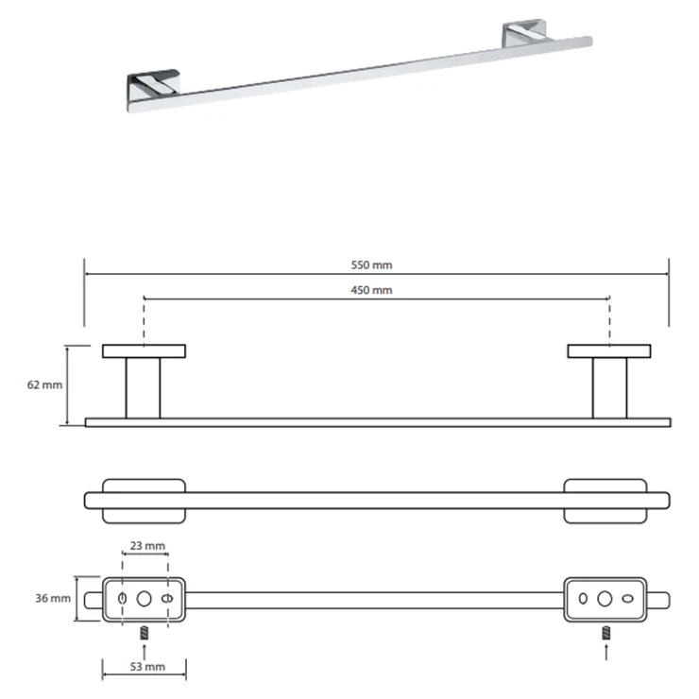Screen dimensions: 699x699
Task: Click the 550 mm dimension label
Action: coord(371,264)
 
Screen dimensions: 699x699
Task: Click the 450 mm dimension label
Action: coord(371,290)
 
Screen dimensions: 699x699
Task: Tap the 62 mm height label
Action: coord(44,384)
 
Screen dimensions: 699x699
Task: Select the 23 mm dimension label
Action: coord(147,546)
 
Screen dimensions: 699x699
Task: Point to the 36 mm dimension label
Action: coord(53,598)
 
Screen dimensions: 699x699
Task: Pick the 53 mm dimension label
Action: coord(147,667)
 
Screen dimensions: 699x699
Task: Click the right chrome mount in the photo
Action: coord(524,33)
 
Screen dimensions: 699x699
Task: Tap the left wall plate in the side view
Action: coord(144,351)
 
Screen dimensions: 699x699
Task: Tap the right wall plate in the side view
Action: coord(609,351)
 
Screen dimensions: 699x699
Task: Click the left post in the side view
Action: coord(143,388)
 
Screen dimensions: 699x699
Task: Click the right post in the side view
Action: coord(610,388)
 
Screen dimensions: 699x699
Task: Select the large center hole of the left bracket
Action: coord(144,599)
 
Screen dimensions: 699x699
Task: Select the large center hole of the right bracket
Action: coord(605,599)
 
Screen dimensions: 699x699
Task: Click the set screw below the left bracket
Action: coord(144,633)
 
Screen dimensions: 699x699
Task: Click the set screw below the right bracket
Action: coord(605,633)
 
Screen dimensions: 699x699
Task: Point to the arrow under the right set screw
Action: coord(605,652)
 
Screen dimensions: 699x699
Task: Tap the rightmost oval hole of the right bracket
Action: coord(627,599)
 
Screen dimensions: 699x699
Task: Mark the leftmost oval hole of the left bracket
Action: coord(123,599)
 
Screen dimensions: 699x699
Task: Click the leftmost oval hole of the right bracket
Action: coord(583,599)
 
